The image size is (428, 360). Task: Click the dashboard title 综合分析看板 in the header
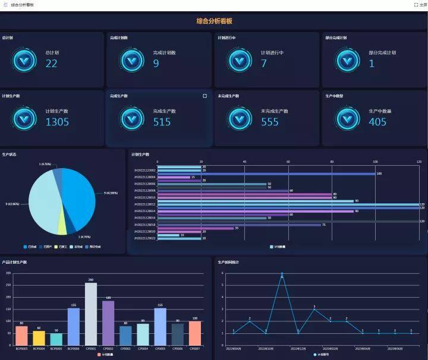[214, 21]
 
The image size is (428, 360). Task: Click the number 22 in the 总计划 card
[52, 63]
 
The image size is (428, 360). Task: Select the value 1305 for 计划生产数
[57, 122]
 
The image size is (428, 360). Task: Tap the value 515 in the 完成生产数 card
[162, 122]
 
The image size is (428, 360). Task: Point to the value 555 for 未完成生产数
[270, 122]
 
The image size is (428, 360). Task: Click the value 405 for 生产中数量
[377, 122]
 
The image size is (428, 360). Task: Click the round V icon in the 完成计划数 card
[132, 60]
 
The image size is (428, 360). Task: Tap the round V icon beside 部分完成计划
[347, 60]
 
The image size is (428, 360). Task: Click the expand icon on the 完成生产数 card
[205, 95]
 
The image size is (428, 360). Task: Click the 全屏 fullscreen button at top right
[420, 4]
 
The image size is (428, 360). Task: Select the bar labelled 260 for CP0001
[91, 314]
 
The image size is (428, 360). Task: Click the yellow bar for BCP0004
[39, 338]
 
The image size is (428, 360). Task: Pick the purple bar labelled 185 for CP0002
[108, 323]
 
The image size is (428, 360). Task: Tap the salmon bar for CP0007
[194, 333]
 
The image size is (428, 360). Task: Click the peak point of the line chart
[282, 274]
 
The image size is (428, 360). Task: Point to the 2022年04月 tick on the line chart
[234, 348]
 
